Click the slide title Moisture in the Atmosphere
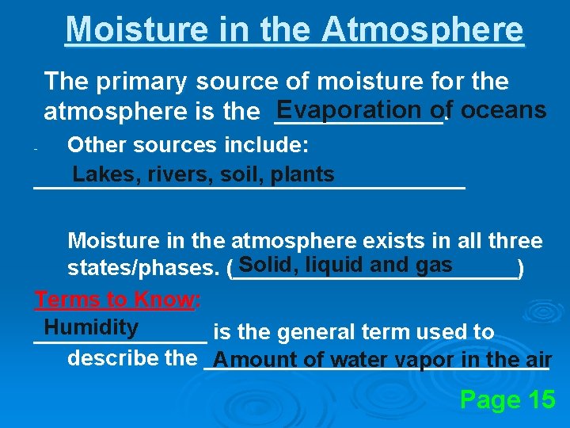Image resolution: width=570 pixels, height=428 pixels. pyautogui.click(x=294, y=29)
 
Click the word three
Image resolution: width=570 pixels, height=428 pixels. pyautogui.click(x=513, y=241)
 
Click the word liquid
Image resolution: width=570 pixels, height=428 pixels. pyautogui.click(x=337, y=265)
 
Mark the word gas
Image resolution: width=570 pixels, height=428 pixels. pyautogui.click(x=434, y=265)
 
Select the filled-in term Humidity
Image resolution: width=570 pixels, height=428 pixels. pyautogui.click(x=91, y=327)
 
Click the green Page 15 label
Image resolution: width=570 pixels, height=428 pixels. pyautogui.click(x=507, y=400)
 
